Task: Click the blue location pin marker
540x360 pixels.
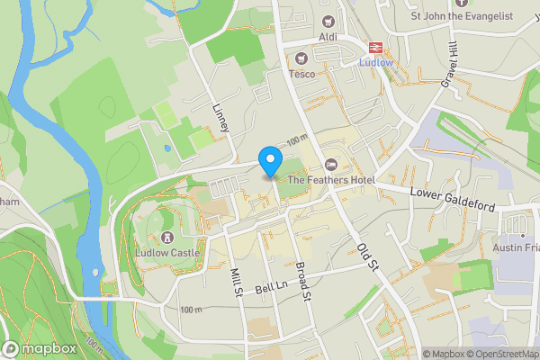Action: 269,161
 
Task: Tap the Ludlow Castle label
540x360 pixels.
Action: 166,253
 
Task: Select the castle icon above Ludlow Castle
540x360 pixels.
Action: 166,238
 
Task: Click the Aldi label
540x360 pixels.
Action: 328,36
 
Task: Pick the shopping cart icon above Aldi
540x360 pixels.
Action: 328,21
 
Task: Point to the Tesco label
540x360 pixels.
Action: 302,74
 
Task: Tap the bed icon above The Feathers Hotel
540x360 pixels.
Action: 331,165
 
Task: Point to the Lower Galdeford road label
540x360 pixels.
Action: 453,200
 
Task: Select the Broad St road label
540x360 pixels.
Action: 303,282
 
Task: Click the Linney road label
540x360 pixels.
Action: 221,118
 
